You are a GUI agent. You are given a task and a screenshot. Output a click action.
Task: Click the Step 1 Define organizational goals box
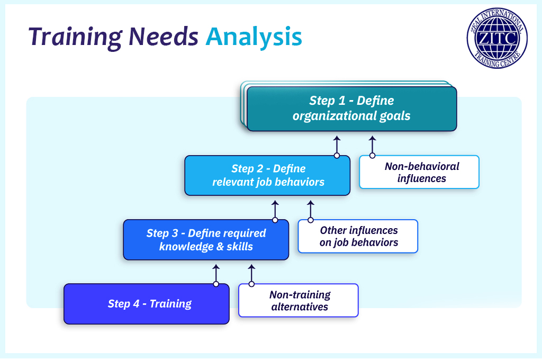(x=351, y=109)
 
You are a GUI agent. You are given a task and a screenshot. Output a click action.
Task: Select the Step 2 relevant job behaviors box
(x=267, y=175)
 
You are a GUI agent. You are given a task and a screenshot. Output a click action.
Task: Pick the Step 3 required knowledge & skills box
(x=206, y=239)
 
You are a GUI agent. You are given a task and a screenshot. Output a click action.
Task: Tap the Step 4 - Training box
(x=147, y=304)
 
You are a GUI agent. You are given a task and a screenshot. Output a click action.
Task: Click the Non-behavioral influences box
(x=419, y=172)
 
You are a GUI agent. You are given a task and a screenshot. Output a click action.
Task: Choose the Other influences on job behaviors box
(x=358, y=236)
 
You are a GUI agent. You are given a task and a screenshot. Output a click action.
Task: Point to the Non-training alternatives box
(x=299, y=301)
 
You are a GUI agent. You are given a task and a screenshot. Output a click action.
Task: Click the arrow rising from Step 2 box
(x=337, y=145)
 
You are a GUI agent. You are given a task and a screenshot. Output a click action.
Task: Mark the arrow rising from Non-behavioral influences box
(x=372, y=145)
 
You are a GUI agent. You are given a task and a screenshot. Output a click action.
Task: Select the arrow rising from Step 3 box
(x=275, y=209)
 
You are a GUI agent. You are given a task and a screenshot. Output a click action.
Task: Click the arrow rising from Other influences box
(x=311, y=209)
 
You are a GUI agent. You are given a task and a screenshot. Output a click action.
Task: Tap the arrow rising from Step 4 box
(x=216, y=273)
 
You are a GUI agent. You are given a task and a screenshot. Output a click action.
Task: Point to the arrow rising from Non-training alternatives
(x=251, y=273)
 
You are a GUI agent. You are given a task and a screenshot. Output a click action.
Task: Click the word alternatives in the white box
(x=300, y=307)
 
